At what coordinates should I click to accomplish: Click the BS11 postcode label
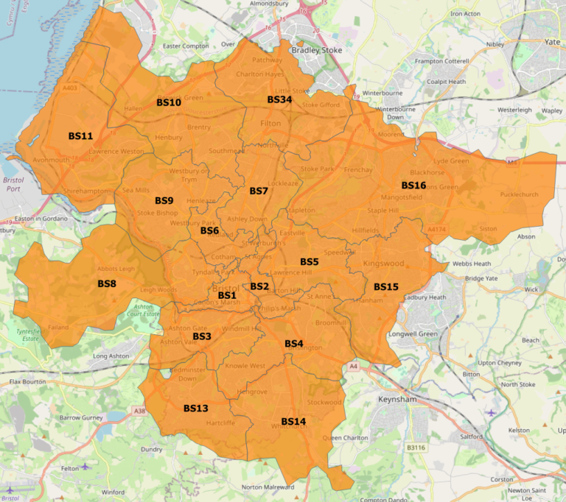click(x=80, y=136)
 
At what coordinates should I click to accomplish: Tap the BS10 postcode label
click(x=169, y=102)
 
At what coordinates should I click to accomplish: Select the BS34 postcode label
click(x=279, y=99)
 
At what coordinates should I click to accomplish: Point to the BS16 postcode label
click(x=413, y=185)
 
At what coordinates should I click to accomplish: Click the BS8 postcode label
click(x=107, y=283)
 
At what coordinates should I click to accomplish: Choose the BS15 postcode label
click(x=385, y=286)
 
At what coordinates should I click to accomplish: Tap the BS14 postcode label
click(x=293, y=421)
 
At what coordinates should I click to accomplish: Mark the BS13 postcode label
click(x=195, y=408)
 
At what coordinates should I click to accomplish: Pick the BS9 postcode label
click(x=164, y=200)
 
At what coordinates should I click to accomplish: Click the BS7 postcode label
click(x=258, y=191)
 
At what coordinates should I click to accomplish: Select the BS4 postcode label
click(x=293, y=344)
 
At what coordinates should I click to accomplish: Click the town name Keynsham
click(x=397, y=398)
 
